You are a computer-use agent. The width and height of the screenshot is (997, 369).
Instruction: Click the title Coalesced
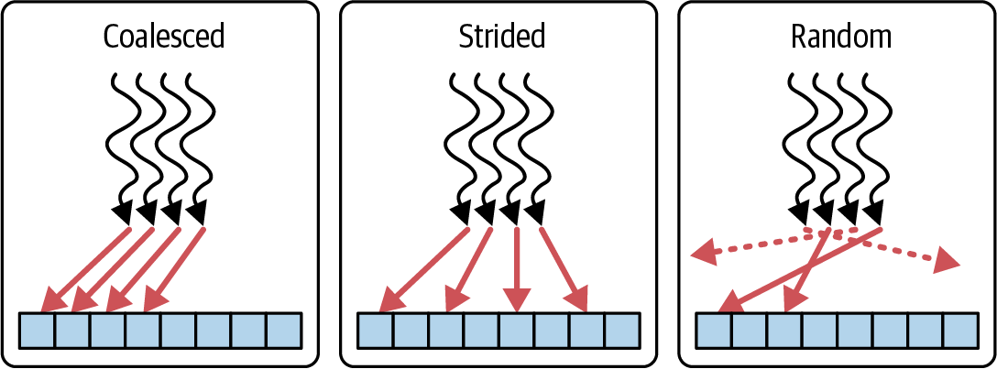point(163,38)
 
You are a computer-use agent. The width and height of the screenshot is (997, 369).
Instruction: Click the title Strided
point(501,38)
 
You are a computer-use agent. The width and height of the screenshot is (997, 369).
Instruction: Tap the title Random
point(840,38)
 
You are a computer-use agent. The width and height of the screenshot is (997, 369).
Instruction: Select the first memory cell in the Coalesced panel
point(38,331)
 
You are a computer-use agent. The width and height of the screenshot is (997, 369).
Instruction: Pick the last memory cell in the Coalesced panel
point(283,331)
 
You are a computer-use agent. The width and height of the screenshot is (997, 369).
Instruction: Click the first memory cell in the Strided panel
point(376,331)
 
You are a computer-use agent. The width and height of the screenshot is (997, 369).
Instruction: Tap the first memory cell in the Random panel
point(714,331)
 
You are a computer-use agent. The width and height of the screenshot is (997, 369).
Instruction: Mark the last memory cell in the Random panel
point(960,331)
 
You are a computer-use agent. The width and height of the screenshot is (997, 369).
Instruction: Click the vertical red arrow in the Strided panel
point(516,269)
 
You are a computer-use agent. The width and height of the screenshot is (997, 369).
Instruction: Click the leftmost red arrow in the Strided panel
point(424,270)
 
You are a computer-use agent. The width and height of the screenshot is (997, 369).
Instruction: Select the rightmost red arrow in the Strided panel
point(564,269)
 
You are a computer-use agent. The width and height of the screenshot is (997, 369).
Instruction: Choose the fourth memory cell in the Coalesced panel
point(143,331)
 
